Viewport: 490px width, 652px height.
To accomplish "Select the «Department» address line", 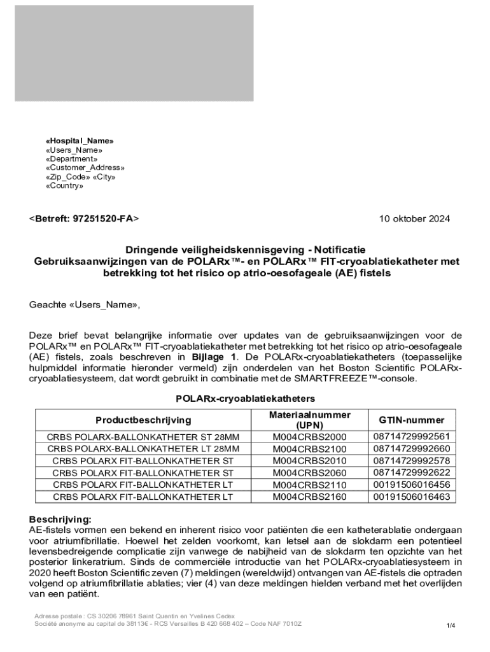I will pos(71,159).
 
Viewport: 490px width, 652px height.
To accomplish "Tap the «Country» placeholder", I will pos(64,186).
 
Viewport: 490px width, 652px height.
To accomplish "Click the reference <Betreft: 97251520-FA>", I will pos(84,218).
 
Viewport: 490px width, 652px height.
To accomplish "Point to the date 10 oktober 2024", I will pos(414,218).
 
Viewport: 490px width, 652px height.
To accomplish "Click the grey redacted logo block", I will pos(134,53).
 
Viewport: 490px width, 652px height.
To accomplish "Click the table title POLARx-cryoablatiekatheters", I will pos(245,399).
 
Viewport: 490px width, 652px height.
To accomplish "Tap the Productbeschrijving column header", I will pos(143,420).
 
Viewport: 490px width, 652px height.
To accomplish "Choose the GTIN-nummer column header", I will pos(412,420).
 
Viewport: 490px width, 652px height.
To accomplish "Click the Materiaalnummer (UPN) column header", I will pos(310,420).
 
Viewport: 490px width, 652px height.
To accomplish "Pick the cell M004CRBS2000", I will pos(310,437).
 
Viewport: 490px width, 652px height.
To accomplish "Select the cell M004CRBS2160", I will pos(310,497).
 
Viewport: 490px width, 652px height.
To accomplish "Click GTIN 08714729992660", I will pos(412,449).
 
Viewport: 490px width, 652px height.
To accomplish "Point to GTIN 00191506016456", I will pos(412,485).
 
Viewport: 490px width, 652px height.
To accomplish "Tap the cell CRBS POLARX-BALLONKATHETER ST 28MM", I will pos(143,437).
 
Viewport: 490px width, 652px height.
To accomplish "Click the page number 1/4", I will pos(451,625).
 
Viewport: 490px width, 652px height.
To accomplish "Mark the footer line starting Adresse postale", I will pos(135,616).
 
